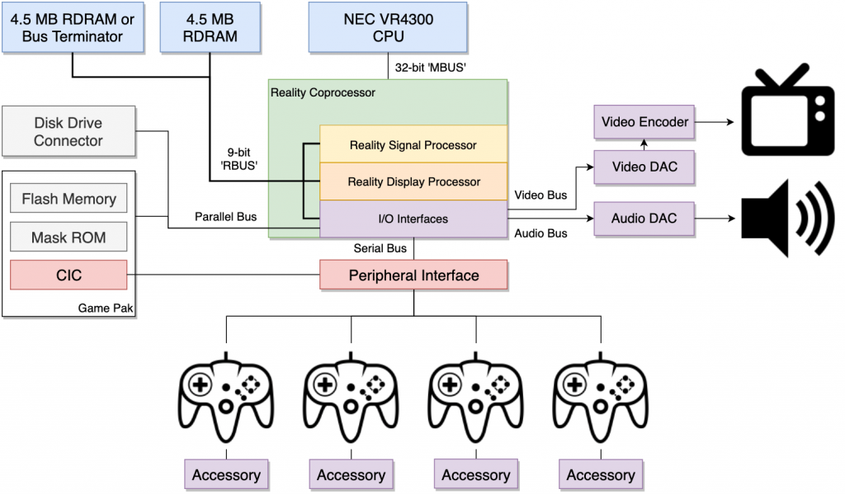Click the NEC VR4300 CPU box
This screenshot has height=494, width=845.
(x=388, y=26)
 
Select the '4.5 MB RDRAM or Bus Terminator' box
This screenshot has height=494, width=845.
(x=73, y=26)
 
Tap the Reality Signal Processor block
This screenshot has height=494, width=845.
(x=413, y=145)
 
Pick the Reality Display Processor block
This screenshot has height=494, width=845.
(x=413, y=181)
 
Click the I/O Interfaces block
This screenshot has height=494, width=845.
(x=413, y=219)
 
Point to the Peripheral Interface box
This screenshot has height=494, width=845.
(x=413, y=275)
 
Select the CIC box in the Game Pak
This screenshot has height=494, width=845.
(x=68, y=275)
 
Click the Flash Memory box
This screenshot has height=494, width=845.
(x=68, y=200)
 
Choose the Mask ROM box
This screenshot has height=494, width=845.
(x=68, y=238)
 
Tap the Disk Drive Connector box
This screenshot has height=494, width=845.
(x=68, y=132)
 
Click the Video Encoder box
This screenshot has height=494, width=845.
(x=644, y=122)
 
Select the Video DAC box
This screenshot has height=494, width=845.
(x=644, y=167)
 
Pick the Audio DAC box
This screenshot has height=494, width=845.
(x=644, y=219)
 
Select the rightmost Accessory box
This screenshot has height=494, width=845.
(x=601, y=475)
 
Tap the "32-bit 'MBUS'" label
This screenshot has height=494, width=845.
(x=431, y=68)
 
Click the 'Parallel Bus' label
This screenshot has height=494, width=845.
(x=225, y=217)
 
